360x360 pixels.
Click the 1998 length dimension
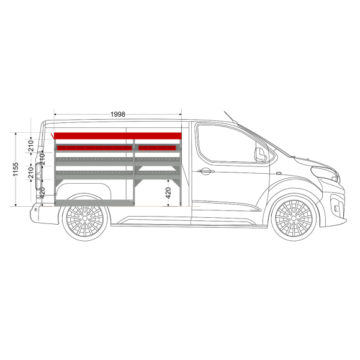click(118, 114)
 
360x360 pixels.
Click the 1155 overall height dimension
click(16, 169)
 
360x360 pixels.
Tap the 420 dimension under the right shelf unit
click(168, 193)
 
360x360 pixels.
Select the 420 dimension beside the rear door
click(42, 193)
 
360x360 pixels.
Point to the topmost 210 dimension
click(31, 146)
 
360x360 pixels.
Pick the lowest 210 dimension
click(31, 173)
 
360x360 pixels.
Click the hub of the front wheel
click(294, 218)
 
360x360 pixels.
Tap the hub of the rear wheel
click(85, 218)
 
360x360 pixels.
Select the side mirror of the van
click(260, 155)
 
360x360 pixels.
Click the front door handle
click(205, 171)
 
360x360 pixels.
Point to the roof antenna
click(230, 117)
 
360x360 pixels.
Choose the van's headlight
click(325, 173)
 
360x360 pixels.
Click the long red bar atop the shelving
click(118, 136)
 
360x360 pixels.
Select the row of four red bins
click(157, 148)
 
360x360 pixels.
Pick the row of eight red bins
click(94, 148)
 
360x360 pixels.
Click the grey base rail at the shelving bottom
click(94, 203)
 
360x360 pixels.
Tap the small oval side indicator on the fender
click(279, 173)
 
